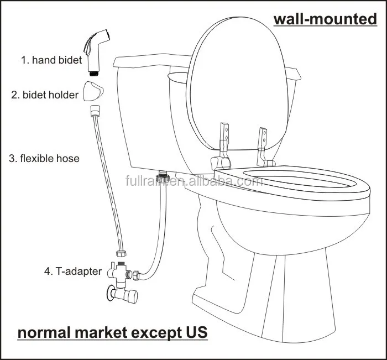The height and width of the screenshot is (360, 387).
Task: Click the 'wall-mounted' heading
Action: pos(325,19)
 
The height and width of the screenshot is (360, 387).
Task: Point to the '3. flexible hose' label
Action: pos(44,159)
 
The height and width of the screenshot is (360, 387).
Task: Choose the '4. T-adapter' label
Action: pos(73,272)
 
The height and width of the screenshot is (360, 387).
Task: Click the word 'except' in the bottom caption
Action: pos(155,333)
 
